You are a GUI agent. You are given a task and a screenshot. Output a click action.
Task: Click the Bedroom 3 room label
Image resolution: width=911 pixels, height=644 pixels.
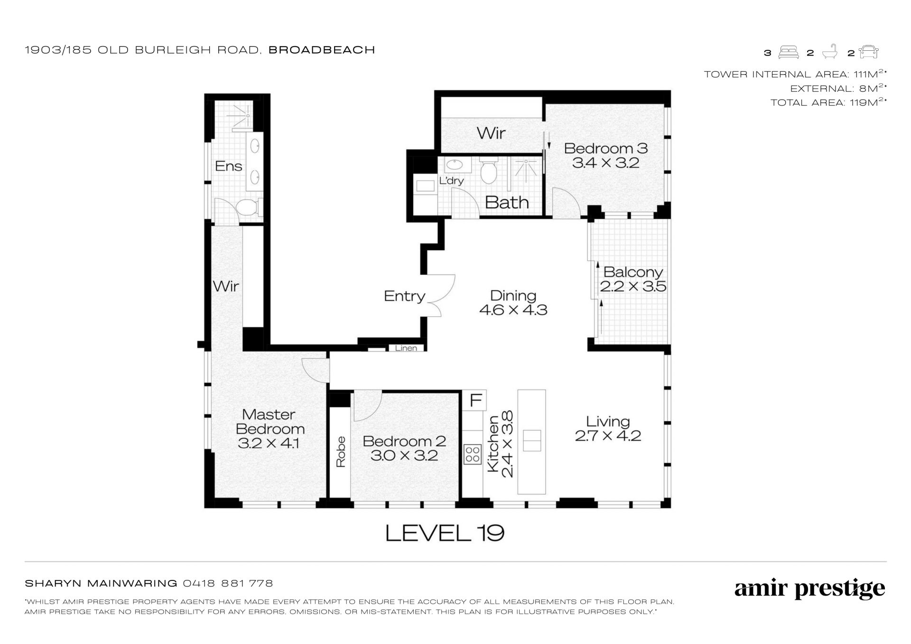click(x=605, y=156)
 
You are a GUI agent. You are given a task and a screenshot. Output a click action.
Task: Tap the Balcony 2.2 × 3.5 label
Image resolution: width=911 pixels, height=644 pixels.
click(x=633, y=280)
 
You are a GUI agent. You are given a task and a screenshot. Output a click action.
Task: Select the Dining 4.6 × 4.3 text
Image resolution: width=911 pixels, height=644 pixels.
click(x=513, y=303)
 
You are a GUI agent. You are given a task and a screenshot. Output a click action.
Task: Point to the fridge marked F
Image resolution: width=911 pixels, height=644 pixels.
click(x=475, y=401)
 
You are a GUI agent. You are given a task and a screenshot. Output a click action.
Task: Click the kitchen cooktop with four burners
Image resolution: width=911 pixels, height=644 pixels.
click(x=473, y=454)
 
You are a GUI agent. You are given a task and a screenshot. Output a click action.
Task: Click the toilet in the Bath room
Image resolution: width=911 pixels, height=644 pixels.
click(x=488, y=171)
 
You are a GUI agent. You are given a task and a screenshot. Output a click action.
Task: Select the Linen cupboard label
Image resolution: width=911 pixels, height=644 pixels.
click(x=406, y=348)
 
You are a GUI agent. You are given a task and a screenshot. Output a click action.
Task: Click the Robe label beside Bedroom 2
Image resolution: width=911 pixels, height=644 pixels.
click(x=341, y=452)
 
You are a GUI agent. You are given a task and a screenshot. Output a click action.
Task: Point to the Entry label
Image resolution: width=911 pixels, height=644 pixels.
click(x=404, y=296)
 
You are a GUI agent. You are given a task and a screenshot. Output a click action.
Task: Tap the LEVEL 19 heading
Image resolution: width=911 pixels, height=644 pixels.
click(x=445, y=533)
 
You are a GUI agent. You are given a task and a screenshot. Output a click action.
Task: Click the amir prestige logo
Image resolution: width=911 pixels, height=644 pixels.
click(x=809, y=589)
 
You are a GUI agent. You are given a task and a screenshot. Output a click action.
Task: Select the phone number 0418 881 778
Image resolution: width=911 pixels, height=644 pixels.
click(x=228, y=583)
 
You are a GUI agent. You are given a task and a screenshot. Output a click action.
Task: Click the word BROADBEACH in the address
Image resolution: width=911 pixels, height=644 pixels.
click(x=322, y=50)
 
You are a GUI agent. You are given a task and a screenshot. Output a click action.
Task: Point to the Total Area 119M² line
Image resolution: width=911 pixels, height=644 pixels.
click(x=828, y=102)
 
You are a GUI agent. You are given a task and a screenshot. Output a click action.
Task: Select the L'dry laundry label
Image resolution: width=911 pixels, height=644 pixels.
click(x=451, y=181)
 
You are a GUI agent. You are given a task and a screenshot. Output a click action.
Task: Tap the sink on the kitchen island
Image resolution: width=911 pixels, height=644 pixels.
click(x=531, y=441)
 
